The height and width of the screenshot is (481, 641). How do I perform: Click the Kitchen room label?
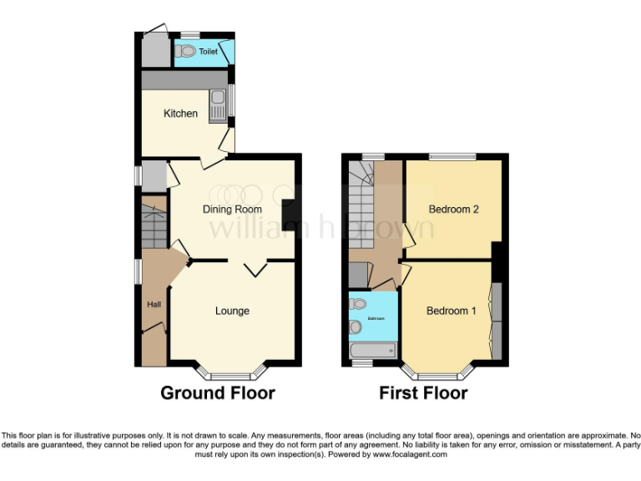(x=180, y=114)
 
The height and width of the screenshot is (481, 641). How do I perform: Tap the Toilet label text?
(x=208, y=52)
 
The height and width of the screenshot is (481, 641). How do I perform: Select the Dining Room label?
(x=232, y=210)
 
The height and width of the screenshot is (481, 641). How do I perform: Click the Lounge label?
(x=232, y=311)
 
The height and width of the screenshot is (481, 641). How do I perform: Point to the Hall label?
(x=154, y=304)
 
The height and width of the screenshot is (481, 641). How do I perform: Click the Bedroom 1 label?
(x=451, y=311)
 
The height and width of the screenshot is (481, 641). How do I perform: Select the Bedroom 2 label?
(x=453, y=210)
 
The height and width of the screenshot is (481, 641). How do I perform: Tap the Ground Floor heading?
(x=217, y=393)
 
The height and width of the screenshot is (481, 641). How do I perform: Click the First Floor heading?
(x=423, y=393)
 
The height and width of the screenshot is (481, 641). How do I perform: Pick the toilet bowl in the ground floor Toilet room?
(x=184, y=51)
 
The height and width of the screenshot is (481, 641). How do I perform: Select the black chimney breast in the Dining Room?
(x=290, y=215)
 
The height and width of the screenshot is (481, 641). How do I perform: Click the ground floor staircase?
(x=154, y=225)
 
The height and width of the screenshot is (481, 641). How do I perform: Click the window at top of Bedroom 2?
(x=452, y=156)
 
